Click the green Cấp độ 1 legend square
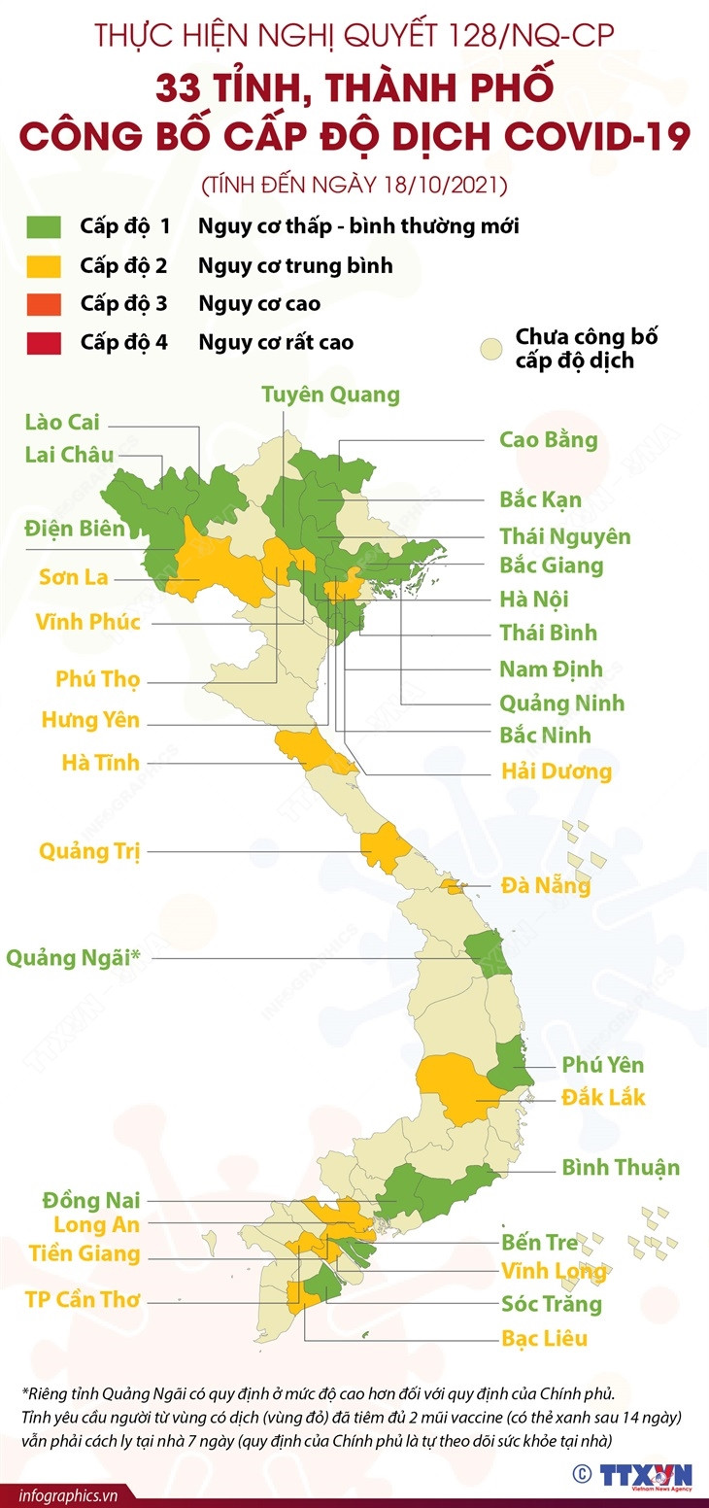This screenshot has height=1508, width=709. click(x=45, y=226)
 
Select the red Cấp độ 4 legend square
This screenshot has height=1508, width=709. click(x=45, y=342)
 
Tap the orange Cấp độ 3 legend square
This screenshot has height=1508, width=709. click(x=45, y=303)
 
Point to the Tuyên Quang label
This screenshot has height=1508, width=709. click(x=330, y=394)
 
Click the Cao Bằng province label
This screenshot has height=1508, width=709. click(x=548, y=439)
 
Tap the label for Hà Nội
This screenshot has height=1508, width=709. click(x=534, y=599)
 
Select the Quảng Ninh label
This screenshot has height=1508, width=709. click(x=561, y=703)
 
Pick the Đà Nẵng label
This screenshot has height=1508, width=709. click(x=546, y=886)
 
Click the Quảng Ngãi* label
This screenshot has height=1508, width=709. click(x=74, y=958)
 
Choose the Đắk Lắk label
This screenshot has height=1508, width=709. click(x=603, y=1098)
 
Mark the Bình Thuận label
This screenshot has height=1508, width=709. click(x=621, y=1167)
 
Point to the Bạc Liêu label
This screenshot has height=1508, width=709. click(x=545, y=1339)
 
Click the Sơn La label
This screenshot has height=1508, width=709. click(x=74, y=577)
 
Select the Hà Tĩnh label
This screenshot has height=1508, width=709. click(x=101, y=762)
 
